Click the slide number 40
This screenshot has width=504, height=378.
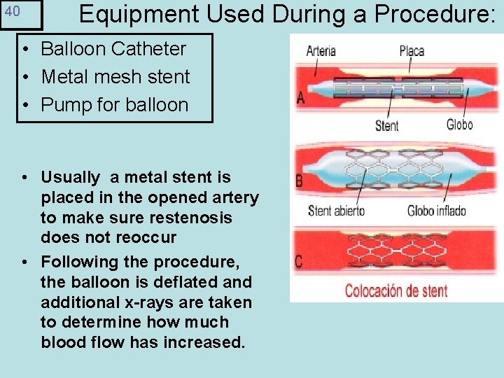(x=13, y=13)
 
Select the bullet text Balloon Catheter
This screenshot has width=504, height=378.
(x=113, y=49)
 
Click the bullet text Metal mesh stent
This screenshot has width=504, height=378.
(x=115, y=77)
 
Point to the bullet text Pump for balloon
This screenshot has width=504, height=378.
(x=115, y=105)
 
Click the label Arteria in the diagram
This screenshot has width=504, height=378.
(x=321, y=51)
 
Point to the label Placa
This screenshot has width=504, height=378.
(x=412, y=51)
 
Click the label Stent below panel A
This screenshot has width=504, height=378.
(x=386, y=126)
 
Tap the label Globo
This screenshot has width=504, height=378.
(x=459, y=125)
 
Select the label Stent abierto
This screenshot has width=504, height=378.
(x=336, y=211)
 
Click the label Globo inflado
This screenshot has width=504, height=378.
(x=436, y=211)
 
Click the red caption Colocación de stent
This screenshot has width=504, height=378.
(x=395, y=290)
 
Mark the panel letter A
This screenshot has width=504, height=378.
(x=300, y=98)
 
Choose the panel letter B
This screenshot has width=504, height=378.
(x=300, y=181)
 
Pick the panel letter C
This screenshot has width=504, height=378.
(x=299, y=262)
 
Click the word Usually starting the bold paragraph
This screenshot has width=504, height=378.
(x=71, y=178)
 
